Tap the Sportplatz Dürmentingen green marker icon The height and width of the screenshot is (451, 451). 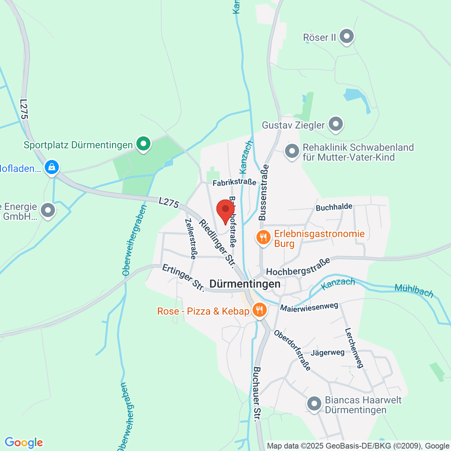(143, 144)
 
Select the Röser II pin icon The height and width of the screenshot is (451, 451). (347, 37)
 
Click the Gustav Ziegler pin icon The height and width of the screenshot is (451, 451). (336, 124)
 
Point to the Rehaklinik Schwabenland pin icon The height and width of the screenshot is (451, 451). (292, 151)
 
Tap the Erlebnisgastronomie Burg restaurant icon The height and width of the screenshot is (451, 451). (263, 238)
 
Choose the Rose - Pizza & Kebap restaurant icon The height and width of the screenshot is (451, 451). (259, 310)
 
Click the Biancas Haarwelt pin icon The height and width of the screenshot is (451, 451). (314, 404)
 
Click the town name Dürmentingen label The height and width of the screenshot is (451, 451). (245, 284)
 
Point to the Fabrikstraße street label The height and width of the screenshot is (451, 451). (235, 183)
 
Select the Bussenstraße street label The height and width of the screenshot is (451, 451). (263, 192)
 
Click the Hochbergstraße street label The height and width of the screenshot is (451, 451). (298, 266)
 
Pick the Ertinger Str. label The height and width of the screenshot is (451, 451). (183, 278)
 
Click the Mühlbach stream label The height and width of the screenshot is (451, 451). (414, 291)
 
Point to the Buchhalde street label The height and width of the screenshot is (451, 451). (334, 207)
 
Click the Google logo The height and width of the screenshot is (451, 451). (24, 442)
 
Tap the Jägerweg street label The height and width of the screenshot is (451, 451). (327, 353)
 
